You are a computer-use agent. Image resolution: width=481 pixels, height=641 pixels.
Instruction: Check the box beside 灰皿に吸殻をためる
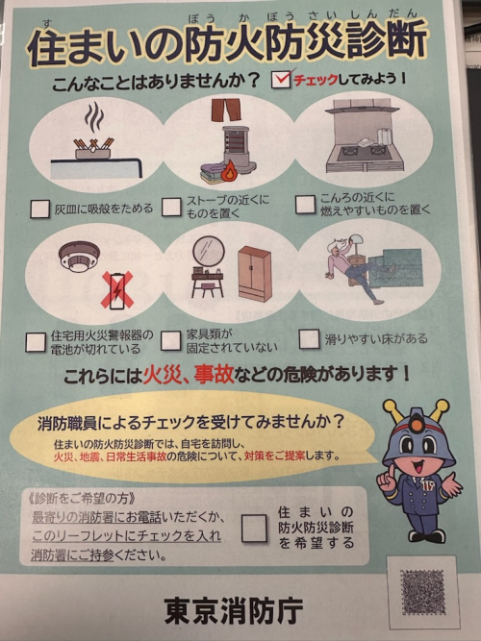tap(40, 209)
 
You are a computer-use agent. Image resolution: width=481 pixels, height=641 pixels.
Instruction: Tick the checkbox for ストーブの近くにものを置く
tap(171, 207)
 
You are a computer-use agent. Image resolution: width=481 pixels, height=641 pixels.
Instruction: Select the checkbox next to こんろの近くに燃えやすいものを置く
tap(305, 204)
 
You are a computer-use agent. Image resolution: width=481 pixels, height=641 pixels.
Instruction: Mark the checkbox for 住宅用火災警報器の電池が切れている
tap(36, 342)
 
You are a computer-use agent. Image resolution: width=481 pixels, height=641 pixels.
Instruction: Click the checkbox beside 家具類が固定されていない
tap(170, 341)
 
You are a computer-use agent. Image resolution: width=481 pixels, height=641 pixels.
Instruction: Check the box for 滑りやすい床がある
tap(309, 339)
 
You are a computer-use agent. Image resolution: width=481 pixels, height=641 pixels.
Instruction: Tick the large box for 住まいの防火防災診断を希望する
tap(254, 528)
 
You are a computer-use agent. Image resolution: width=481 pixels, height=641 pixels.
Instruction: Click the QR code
tap(423, 592)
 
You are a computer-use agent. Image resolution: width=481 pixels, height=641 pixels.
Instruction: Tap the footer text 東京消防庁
tap(234, 610)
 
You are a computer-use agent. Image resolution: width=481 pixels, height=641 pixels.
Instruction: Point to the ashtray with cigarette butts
tap(93, 149)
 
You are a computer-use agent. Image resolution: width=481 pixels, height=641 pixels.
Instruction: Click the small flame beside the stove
tap(229, 171)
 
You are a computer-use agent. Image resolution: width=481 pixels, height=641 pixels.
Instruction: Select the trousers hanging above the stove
tap(226, 110)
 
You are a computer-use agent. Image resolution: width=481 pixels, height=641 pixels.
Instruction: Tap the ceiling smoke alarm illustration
tap(79, 256)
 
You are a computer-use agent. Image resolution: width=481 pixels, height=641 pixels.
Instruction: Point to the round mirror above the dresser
tap(209, 251)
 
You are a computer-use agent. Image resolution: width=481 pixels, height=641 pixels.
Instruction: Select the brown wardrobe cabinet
tap(255, 274)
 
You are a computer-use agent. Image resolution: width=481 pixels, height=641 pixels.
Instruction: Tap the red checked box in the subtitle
tap(282, 79)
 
